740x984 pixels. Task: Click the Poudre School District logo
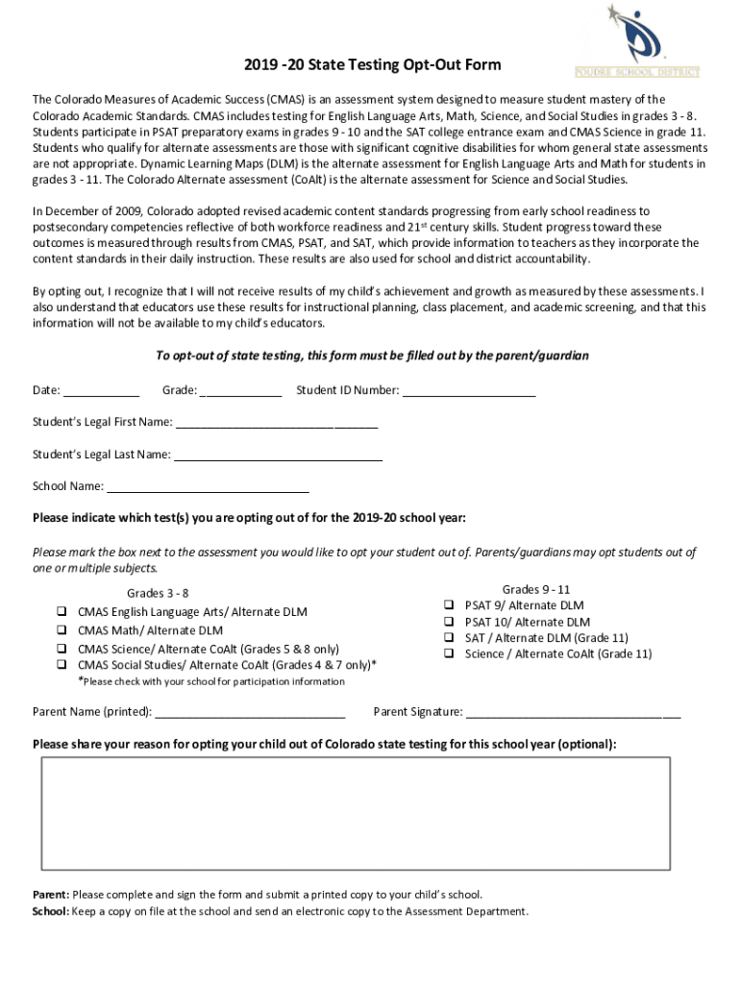[x=636, y=42]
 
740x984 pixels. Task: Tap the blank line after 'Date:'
[x=102, y=390]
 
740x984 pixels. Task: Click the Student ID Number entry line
[x=468, y=390]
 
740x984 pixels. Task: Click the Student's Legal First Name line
[x=277, y=422]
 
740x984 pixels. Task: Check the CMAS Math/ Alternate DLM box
[x=61, y=630]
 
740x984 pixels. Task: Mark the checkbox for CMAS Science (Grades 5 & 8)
[x=61, y=649]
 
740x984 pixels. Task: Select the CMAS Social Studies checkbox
[x=61, y=664]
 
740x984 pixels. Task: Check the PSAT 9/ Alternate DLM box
[x=448, y=605]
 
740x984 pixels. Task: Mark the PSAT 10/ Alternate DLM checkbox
[x=448, y=622]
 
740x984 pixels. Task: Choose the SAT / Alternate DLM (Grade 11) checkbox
[x=448, y=637]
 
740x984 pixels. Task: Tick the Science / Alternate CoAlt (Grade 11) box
[x=448, y=653]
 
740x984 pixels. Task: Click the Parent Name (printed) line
[x=250, y=712]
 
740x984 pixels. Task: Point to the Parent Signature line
[x=573, y=712]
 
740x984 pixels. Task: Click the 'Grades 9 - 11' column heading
[x=536, y=589]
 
